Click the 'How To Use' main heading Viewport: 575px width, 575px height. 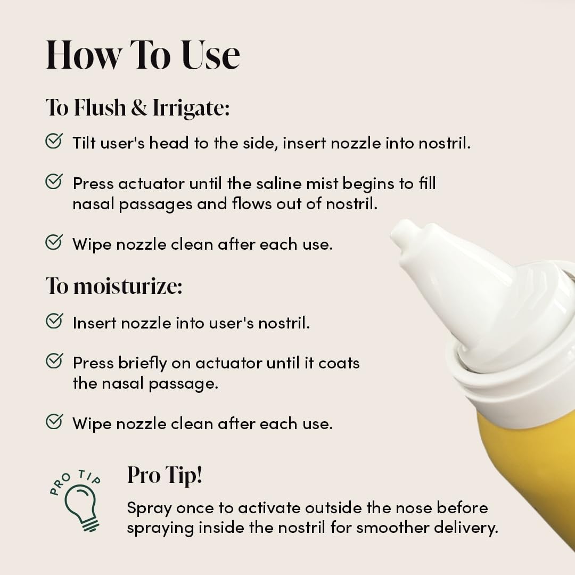pos(143,54)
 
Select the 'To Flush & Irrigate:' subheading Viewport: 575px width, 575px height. pos(137,108)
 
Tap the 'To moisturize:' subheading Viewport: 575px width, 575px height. pos(114,286)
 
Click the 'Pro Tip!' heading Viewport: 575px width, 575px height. pos(165,475)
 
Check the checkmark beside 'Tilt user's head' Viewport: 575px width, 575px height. pos(54,141)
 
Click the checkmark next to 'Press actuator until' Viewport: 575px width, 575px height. pos(54,182)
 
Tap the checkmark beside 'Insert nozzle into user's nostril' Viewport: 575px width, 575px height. pos(54,321)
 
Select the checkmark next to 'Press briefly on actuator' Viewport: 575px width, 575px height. pos(54,362)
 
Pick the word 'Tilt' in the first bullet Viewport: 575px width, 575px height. pos(84,143)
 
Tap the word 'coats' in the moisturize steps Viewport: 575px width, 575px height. pos(339,363)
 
